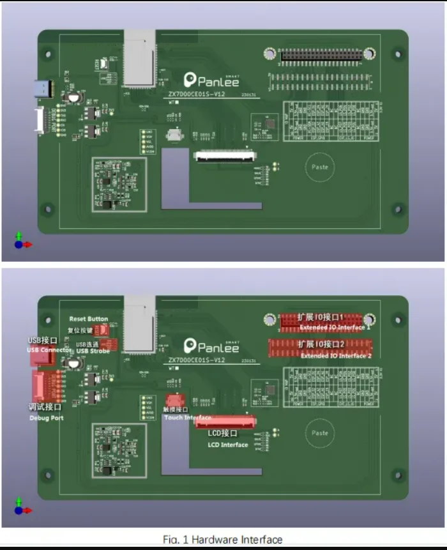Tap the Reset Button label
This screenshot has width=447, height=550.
tap(89, 319)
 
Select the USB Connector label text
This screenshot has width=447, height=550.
tap(49, 349)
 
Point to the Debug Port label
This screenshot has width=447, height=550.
tap(47, 418)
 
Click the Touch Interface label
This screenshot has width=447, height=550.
tap(187, 418)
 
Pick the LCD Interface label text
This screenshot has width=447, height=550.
tap(227, 445)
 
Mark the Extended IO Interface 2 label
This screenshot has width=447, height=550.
tap(335, 356)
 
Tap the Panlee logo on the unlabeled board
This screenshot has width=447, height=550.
tap(211, 80)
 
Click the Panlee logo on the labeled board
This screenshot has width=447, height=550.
tap(211, 346)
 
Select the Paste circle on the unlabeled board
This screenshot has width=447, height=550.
tap(319, 167)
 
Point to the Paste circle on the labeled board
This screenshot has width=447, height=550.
tap(319, 432)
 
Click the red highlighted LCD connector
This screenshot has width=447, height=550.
tap(225, 422)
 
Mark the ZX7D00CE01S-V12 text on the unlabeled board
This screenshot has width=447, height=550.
tap(196, 94)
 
